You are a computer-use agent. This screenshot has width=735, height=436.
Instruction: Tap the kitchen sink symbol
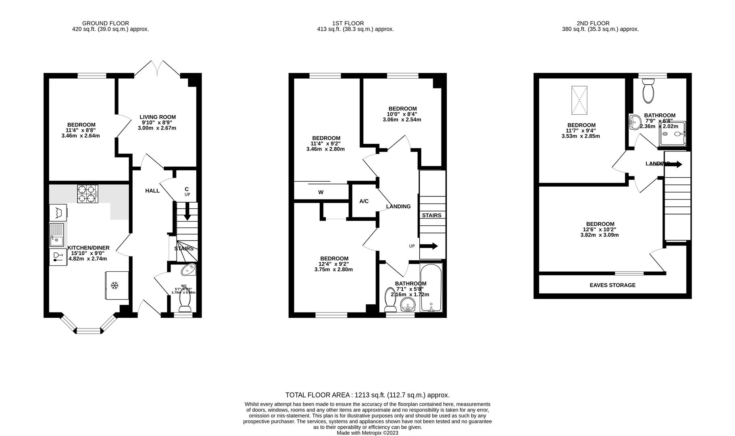click(57, 235)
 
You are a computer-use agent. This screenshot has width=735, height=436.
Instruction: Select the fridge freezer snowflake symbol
click(115, 286)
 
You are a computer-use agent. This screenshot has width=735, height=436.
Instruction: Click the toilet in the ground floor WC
click(185, 301)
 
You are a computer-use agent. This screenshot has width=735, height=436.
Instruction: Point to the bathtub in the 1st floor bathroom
click(431, 287)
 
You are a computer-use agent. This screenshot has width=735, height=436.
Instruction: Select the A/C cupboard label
click(364, 201)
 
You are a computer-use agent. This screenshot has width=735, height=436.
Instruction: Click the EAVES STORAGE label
click(612, 285)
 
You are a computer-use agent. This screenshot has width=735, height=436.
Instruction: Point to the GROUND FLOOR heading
click(105, 23)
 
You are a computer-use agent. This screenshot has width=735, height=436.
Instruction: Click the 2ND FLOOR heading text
click(593, 23)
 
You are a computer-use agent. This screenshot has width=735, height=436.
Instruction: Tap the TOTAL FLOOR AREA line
click(367, 395)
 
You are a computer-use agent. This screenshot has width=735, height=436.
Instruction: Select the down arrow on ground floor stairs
click(187, 212)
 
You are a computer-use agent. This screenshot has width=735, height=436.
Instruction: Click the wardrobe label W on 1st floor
click(321, 192)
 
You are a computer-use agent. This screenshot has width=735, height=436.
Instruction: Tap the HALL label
click(152, 191)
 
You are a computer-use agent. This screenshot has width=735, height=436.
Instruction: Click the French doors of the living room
click(157, 69)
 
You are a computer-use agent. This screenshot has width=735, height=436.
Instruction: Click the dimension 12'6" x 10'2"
click(600, 229)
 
